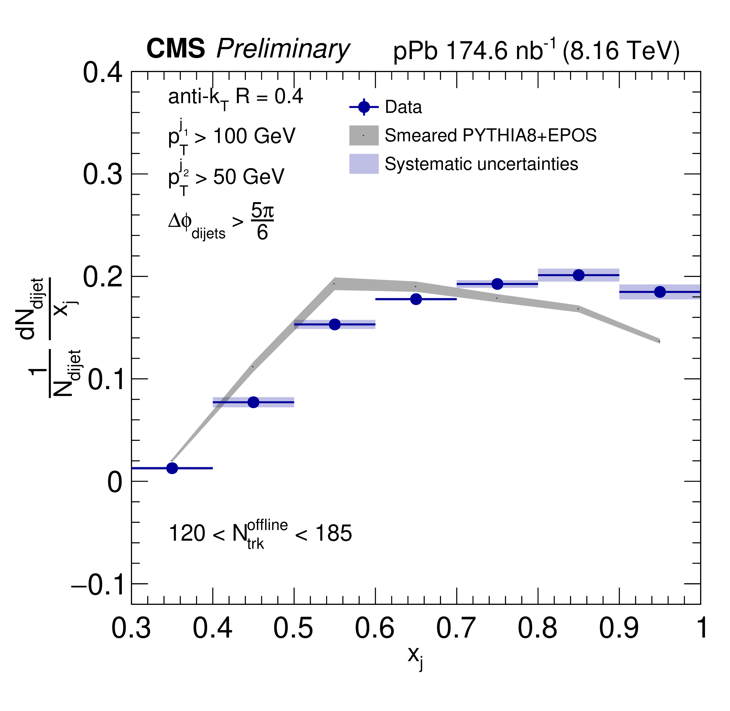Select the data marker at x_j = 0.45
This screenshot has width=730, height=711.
(253, 402)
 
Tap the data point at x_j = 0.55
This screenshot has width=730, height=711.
(335, 324)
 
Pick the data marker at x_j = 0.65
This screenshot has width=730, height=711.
(416, 299)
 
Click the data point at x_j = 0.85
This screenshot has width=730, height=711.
(578, 275)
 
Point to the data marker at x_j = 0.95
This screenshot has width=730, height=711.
(660, 292)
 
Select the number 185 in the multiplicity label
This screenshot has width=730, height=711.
(333, 533)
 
